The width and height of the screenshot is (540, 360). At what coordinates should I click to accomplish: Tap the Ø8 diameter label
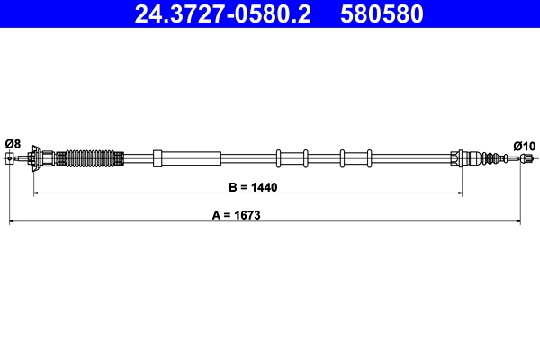[13, 143]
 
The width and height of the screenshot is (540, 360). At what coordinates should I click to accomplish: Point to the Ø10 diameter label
[524, 145]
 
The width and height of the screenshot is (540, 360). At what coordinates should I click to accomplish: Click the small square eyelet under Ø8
[10, 159]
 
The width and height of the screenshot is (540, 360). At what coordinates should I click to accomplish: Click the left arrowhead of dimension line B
[36, 193]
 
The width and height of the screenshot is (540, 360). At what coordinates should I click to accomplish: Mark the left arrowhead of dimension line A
[13, 221]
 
